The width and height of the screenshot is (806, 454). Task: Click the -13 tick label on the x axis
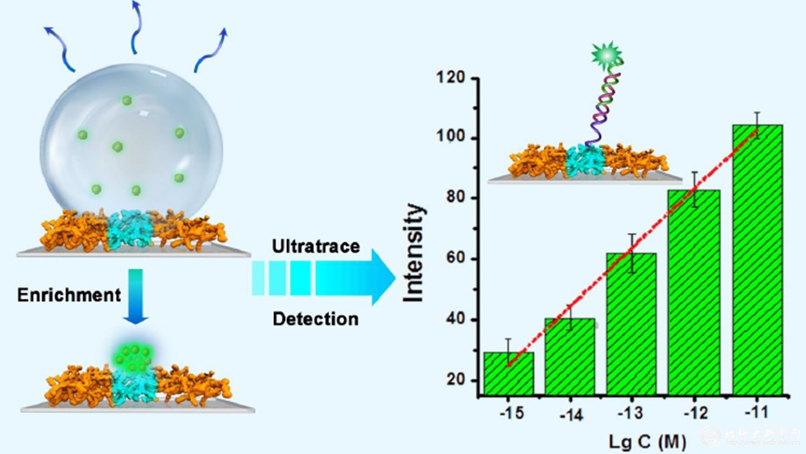[x=631, y=411]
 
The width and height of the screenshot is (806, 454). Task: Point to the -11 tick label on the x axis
[x=756, y=411]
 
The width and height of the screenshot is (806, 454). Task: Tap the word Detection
[x=315, y=320]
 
